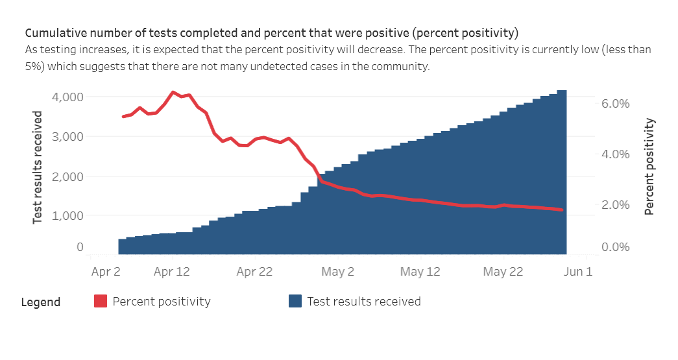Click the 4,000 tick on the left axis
click(x=67, y=97)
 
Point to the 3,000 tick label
click(x=67, y=137)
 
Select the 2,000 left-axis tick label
click(x=67, y=176)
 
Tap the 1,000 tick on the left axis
click(x=67, y=215)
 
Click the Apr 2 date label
click(x=105, y=272)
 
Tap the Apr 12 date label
click(x=172, y=272)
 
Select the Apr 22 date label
click(x=255, y=272)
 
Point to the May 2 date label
click(x=337, y=272)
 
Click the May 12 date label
click(x=420, y=272)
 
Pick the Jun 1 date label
click(x=579, y=272)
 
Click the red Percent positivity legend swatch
click(x=101, y=302)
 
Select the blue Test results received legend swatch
click(x=295, y=302)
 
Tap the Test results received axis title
click(x=38, y=167)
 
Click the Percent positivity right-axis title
click(x=649, y=167)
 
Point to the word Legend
click(x=41, y=302)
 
